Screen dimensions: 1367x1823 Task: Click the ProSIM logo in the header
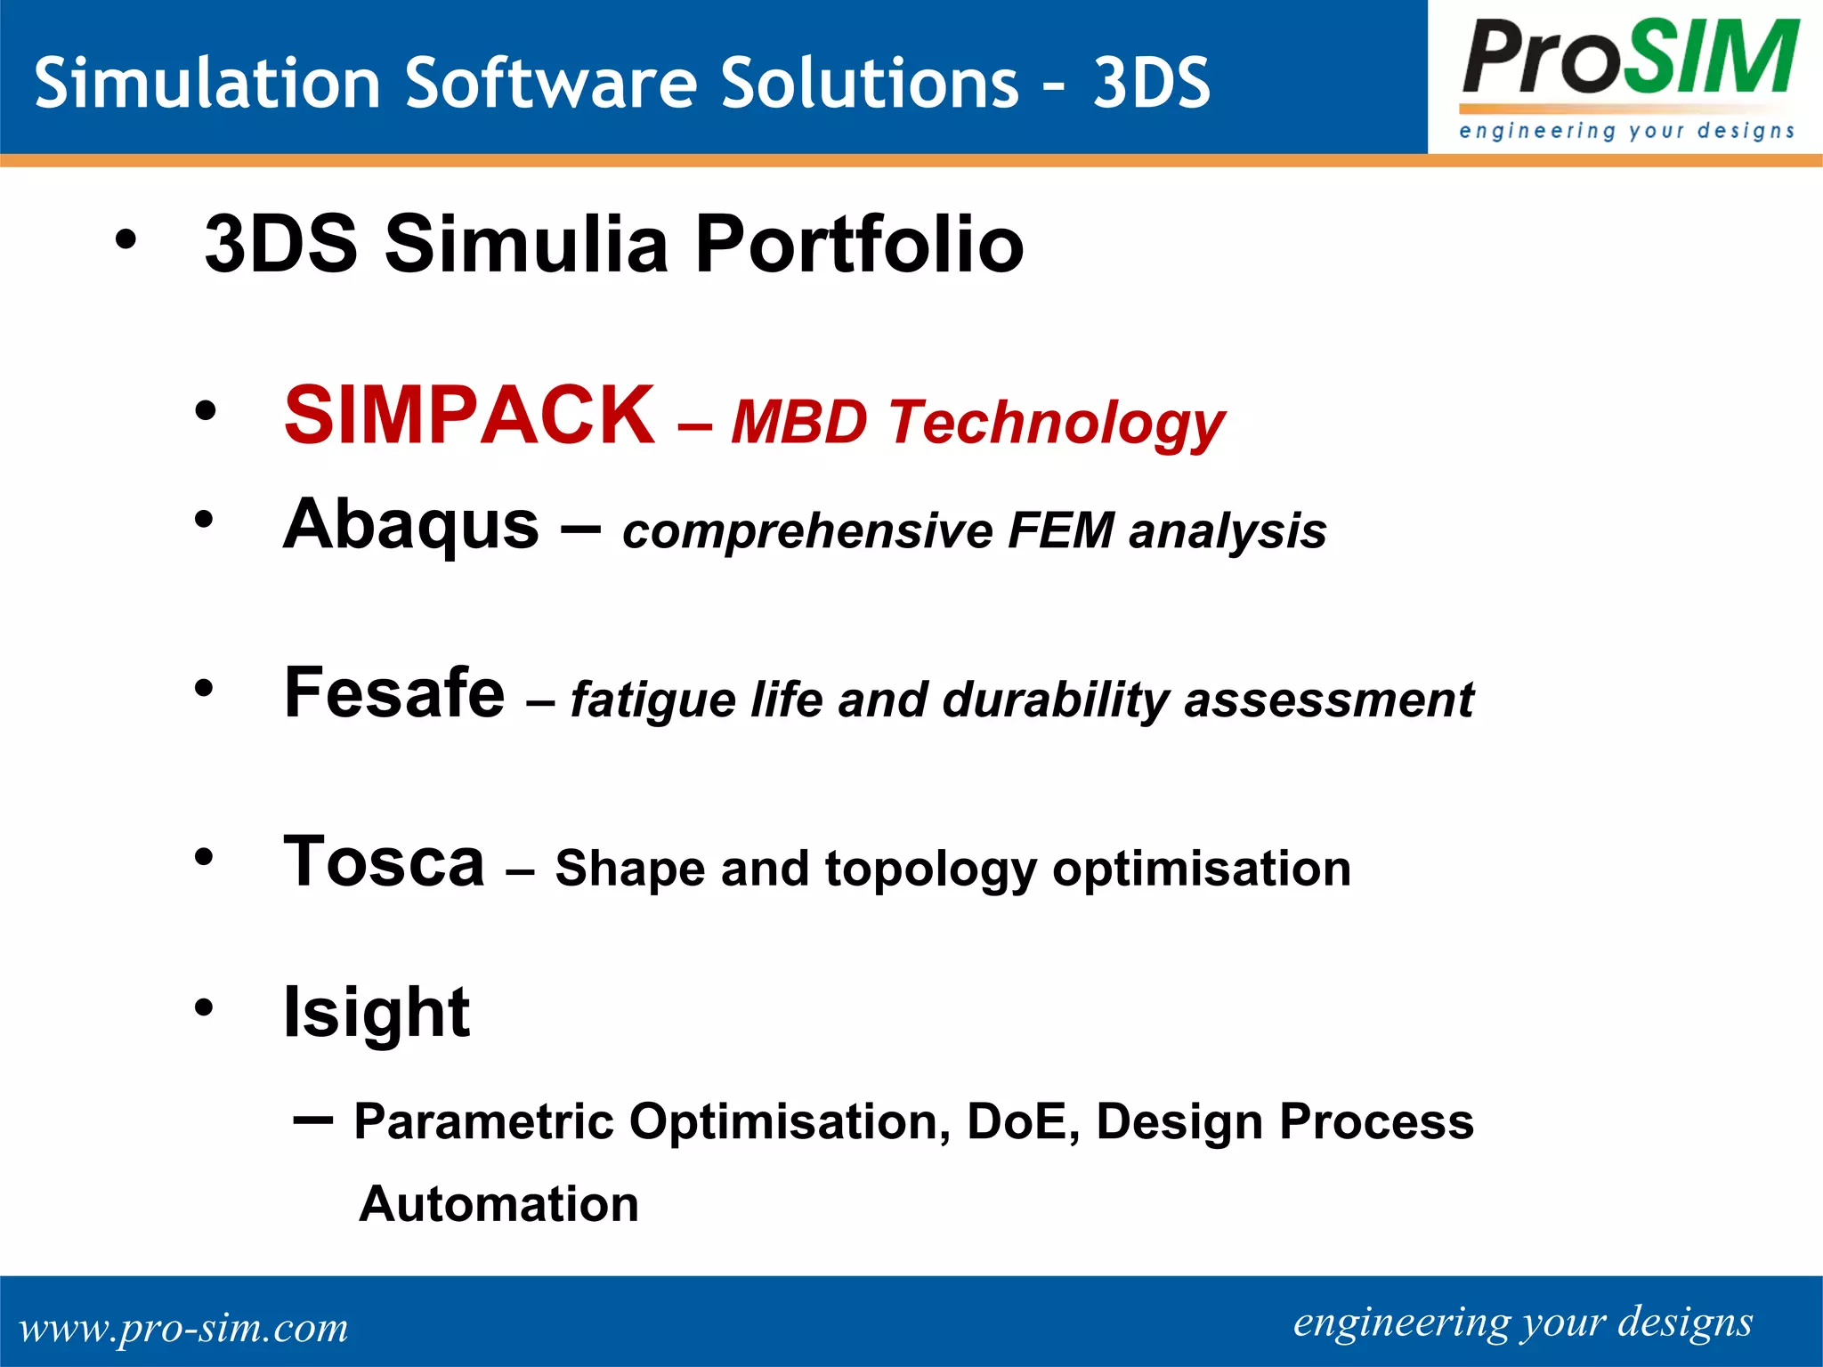(x=1627, y=78)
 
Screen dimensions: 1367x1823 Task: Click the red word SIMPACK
(x=469, y=415)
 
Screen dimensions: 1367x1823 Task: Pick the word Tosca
(x=384, y=861)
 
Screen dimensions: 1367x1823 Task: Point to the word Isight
(x=376, y=1013)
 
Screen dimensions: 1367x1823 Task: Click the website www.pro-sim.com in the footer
(x=183, y=1328)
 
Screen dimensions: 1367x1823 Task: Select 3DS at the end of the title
(x=1151, y=83)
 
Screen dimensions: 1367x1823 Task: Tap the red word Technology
(x=1057, y=422)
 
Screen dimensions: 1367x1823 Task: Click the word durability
(x=1054, y=700)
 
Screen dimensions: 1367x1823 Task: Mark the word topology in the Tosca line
(x=930, y=869)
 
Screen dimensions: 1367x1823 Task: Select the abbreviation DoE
(x=1017, y=1121)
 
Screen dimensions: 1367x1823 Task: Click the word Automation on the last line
(x=498, y=1204)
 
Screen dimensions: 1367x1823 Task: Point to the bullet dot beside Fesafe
(x=205, y=688)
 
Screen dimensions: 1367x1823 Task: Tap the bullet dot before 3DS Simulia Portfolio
(x=126, y=239)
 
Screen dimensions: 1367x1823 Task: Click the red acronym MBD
(x=798, y=422)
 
